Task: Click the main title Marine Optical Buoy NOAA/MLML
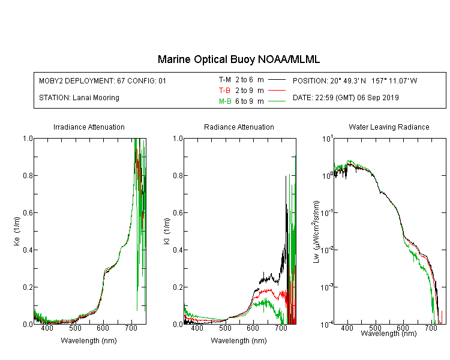coord(238,59)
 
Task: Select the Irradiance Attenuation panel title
coord(89,127)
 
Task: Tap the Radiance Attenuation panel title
coord(239,127)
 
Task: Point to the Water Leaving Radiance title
coord(389,127)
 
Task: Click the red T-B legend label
coord(224,91)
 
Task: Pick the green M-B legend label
coord(225,101)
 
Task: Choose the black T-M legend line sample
coord(277,80)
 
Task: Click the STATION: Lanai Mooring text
coord(79,98)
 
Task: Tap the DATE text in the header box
coord(346,98)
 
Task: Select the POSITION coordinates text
coord(355,80)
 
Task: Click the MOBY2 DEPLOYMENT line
coord(103,80)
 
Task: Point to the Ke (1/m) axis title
coord(17,232)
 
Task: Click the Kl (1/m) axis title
coord(167,232)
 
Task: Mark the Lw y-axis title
coord(316,232)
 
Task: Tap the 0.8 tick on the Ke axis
coord(28,175)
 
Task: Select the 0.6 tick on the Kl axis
coord(178,213)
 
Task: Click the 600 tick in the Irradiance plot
coord(103,328)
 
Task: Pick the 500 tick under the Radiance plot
coord(225,328)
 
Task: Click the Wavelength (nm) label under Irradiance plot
coord(89,341)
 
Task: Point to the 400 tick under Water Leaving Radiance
coord(347,328)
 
